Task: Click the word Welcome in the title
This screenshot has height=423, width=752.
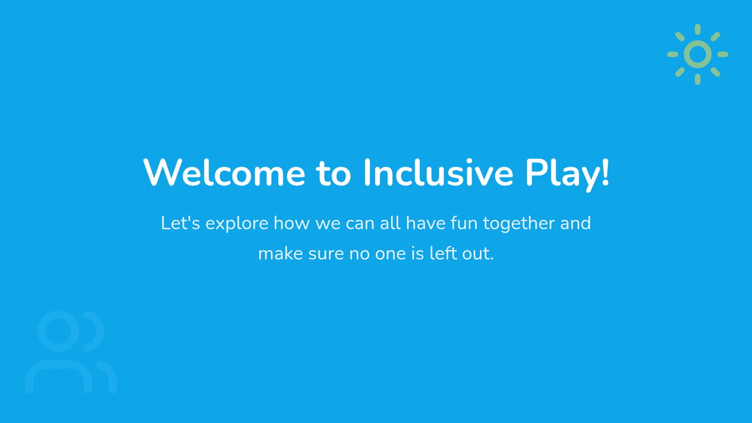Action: pos(224,172)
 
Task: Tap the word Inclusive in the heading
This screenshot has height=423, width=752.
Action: pos(438,172)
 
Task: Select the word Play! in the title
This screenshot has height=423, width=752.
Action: pos(567,175)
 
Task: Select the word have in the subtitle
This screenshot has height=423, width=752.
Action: pos(426,223)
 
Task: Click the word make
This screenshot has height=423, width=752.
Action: pos(281,253)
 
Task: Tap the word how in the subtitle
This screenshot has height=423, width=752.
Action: pos(291,223)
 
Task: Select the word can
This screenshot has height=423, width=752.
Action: pos(360,224)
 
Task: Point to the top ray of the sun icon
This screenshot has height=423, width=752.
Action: pos(697,29)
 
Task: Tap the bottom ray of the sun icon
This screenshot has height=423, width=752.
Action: pos(697,79)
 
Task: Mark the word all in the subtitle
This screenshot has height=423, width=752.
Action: pos(390,223)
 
